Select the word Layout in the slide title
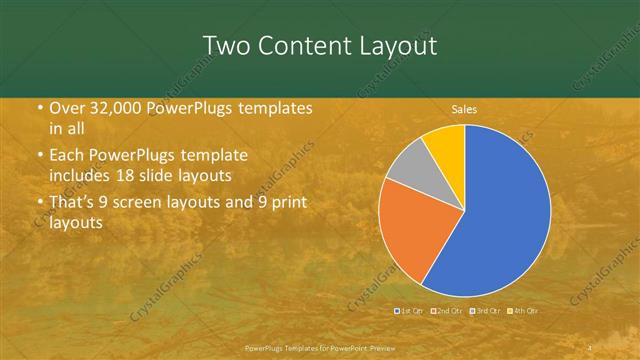click(397, 45)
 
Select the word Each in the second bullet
click(67, 156)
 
